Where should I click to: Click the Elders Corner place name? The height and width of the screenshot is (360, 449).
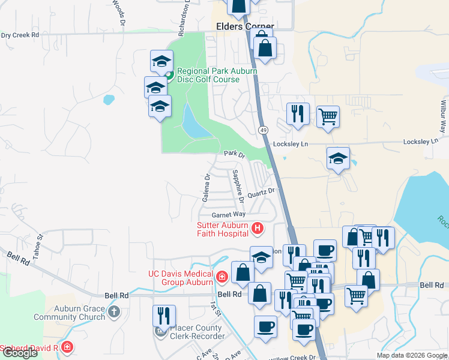pos(245,27)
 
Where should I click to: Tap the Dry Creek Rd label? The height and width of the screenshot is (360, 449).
pos(20,35)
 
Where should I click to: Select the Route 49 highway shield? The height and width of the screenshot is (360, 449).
pos(264,130)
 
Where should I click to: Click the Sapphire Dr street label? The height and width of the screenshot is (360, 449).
pos(237,184)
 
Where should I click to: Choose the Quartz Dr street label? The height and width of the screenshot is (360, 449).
pos(261,192)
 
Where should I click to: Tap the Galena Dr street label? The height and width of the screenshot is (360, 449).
pos(206,187)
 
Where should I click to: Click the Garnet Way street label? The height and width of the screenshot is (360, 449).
pos(229,215)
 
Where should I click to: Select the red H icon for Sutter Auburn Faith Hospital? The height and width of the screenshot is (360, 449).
pos(258,228)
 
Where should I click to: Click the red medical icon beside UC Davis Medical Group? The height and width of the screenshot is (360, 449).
pos(222,277)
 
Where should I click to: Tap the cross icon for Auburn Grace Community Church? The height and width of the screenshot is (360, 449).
pos(114,311)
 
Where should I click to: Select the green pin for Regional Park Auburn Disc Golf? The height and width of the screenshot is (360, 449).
pos(169,76)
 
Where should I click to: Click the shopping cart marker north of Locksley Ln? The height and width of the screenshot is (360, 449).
pos(328,116)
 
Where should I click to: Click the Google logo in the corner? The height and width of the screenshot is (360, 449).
pos(19,353)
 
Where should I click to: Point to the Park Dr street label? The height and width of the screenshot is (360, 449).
pos(235,154)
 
